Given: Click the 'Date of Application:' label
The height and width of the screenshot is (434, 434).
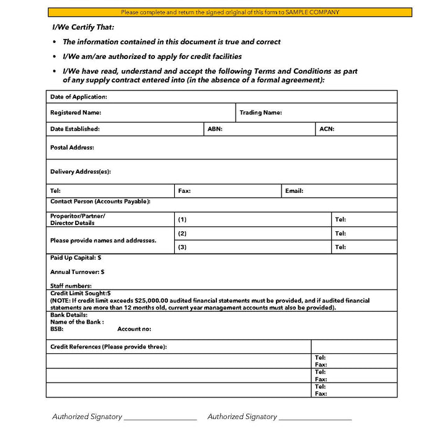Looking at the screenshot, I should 79,97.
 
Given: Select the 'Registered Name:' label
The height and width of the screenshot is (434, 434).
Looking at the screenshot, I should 76,113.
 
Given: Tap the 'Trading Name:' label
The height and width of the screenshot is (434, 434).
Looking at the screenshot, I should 261,113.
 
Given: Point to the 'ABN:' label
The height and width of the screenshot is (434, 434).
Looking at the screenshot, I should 215,129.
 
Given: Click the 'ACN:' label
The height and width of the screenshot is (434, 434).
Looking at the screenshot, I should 327,129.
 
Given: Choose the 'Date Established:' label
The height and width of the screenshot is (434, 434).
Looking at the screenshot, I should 75,129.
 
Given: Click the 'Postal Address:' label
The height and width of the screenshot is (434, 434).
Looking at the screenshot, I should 72,148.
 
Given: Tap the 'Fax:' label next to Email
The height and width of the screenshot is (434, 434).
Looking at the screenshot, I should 184,191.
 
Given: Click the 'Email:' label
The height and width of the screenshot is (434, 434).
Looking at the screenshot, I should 294,191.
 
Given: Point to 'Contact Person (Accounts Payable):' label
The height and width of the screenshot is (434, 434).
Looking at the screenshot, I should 100,201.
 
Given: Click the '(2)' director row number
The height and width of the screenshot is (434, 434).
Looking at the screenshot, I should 182,234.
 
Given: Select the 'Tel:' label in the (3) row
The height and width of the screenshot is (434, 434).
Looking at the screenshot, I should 340,247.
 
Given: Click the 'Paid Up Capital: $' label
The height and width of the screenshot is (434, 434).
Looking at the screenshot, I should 76,257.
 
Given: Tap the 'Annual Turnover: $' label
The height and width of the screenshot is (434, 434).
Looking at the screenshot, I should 77,272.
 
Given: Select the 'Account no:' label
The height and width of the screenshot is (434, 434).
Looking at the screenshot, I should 134,329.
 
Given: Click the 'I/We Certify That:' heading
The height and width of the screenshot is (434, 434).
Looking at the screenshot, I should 84,28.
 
